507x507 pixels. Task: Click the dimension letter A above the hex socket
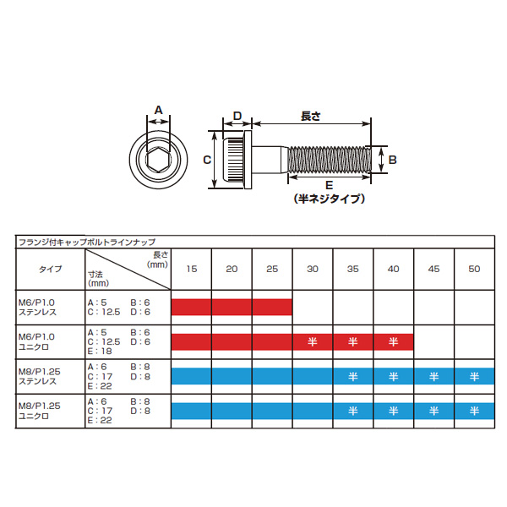point(159,110)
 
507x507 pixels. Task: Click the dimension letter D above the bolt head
point(237,116)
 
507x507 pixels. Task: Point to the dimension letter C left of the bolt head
point(207,160)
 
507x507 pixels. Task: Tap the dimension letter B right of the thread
point(393,160)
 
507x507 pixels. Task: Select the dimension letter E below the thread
point(330,185)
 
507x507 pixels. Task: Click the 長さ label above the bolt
point(311,116)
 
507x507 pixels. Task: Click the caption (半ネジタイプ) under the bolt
point(330,199)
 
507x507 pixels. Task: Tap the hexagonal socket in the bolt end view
point(159,160)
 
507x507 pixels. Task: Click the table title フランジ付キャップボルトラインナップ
point(87,243)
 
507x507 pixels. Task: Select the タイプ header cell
point(51,269)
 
